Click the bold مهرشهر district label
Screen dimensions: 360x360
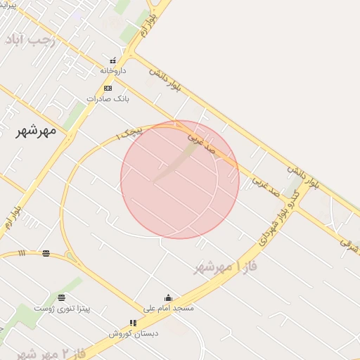pos(35,131)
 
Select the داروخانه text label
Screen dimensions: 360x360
pos(112,70)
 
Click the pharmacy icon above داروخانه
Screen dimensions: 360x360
pos(112,60)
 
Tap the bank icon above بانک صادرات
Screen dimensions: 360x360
pos(108,88)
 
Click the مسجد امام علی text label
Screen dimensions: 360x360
pos(168,308)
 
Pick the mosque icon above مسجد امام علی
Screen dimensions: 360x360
pos(168,297)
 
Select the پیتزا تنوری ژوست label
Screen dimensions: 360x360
pos(64,308)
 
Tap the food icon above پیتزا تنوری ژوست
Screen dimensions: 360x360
pos(61,297)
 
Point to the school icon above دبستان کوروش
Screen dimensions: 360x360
pos(133,323)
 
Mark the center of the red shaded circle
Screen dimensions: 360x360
pos(180,180)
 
